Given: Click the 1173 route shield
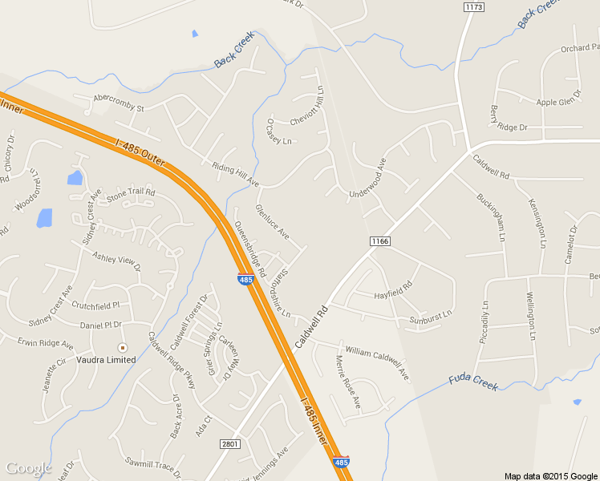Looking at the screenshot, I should [474, 6].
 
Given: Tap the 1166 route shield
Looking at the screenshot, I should [379, 240].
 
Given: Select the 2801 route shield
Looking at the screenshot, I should [229, 443].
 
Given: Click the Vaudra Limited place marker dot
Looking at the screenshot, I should [122, 347].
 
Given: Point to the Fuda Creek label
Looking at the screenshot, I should [474, 382].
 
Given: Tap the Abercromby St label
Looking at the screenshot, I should [118, 103].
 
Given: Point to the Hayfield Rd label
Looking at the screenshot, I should [393, 290].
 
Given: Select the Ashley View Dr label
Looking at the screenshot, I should [116, 261].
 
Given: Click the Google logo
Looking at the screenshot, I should [29, 468].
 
